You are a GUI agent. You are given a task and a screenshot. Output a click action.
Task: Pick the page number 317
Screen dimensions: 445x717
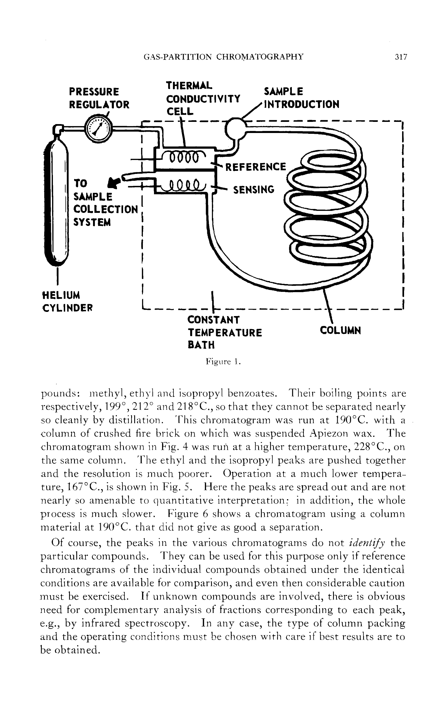(400, 57)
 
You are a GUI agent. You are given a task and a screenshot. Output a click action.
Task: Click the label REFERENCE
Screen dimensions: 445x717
(255, 167)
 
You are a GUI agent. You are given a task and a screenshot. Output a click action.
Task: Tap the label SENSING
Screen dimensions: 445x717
(254, 189)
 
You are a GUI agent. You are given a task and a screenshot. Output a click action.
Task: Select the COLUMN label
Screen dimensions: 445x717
(340, 331)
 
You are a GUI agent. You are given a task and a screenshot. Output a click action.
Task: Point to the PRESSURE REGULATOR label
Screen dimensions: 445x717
(99, 98)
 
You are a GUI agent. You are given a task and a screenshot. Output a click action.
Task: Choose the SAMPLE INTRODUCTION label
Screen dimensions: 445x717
(301, 98)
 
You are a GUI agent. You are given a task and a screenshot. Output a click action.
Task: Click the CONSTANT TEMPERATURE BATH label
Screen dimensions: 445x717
(224, 332)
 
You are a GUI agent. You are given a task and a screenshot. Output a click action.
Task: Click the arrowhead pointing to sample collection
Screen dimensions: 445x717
(114, 183)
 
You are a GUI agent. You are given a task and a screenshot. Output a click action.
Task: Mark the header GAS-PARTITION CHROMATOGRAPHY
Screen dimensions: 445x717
(224, 57)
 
